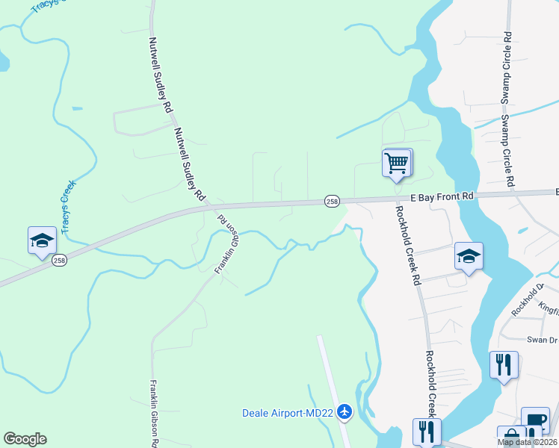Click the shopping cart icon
(x=397, y=163)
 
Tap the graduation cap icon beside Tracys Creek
(x=42, y=240)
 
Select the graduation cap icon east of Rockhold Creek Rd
(x=469, y=256)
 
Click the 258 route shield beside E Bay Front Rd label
(x=333, y=201)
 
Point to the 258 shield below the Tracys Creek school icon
(x=60, y=261)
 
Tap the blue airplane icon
(x=345, y=411)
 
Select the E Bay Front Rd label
(x=442, y=196)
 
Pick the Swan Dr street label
(x=542, y=340)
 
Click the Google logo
(x=25, y=439)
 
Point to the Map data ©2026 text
(x=526, y=442)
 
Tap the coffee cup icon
(x=535, y=420)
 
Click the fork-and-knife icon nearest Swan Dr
(x=504, y=365)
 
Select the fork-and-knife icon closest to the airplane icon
(x=427, y=431)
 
